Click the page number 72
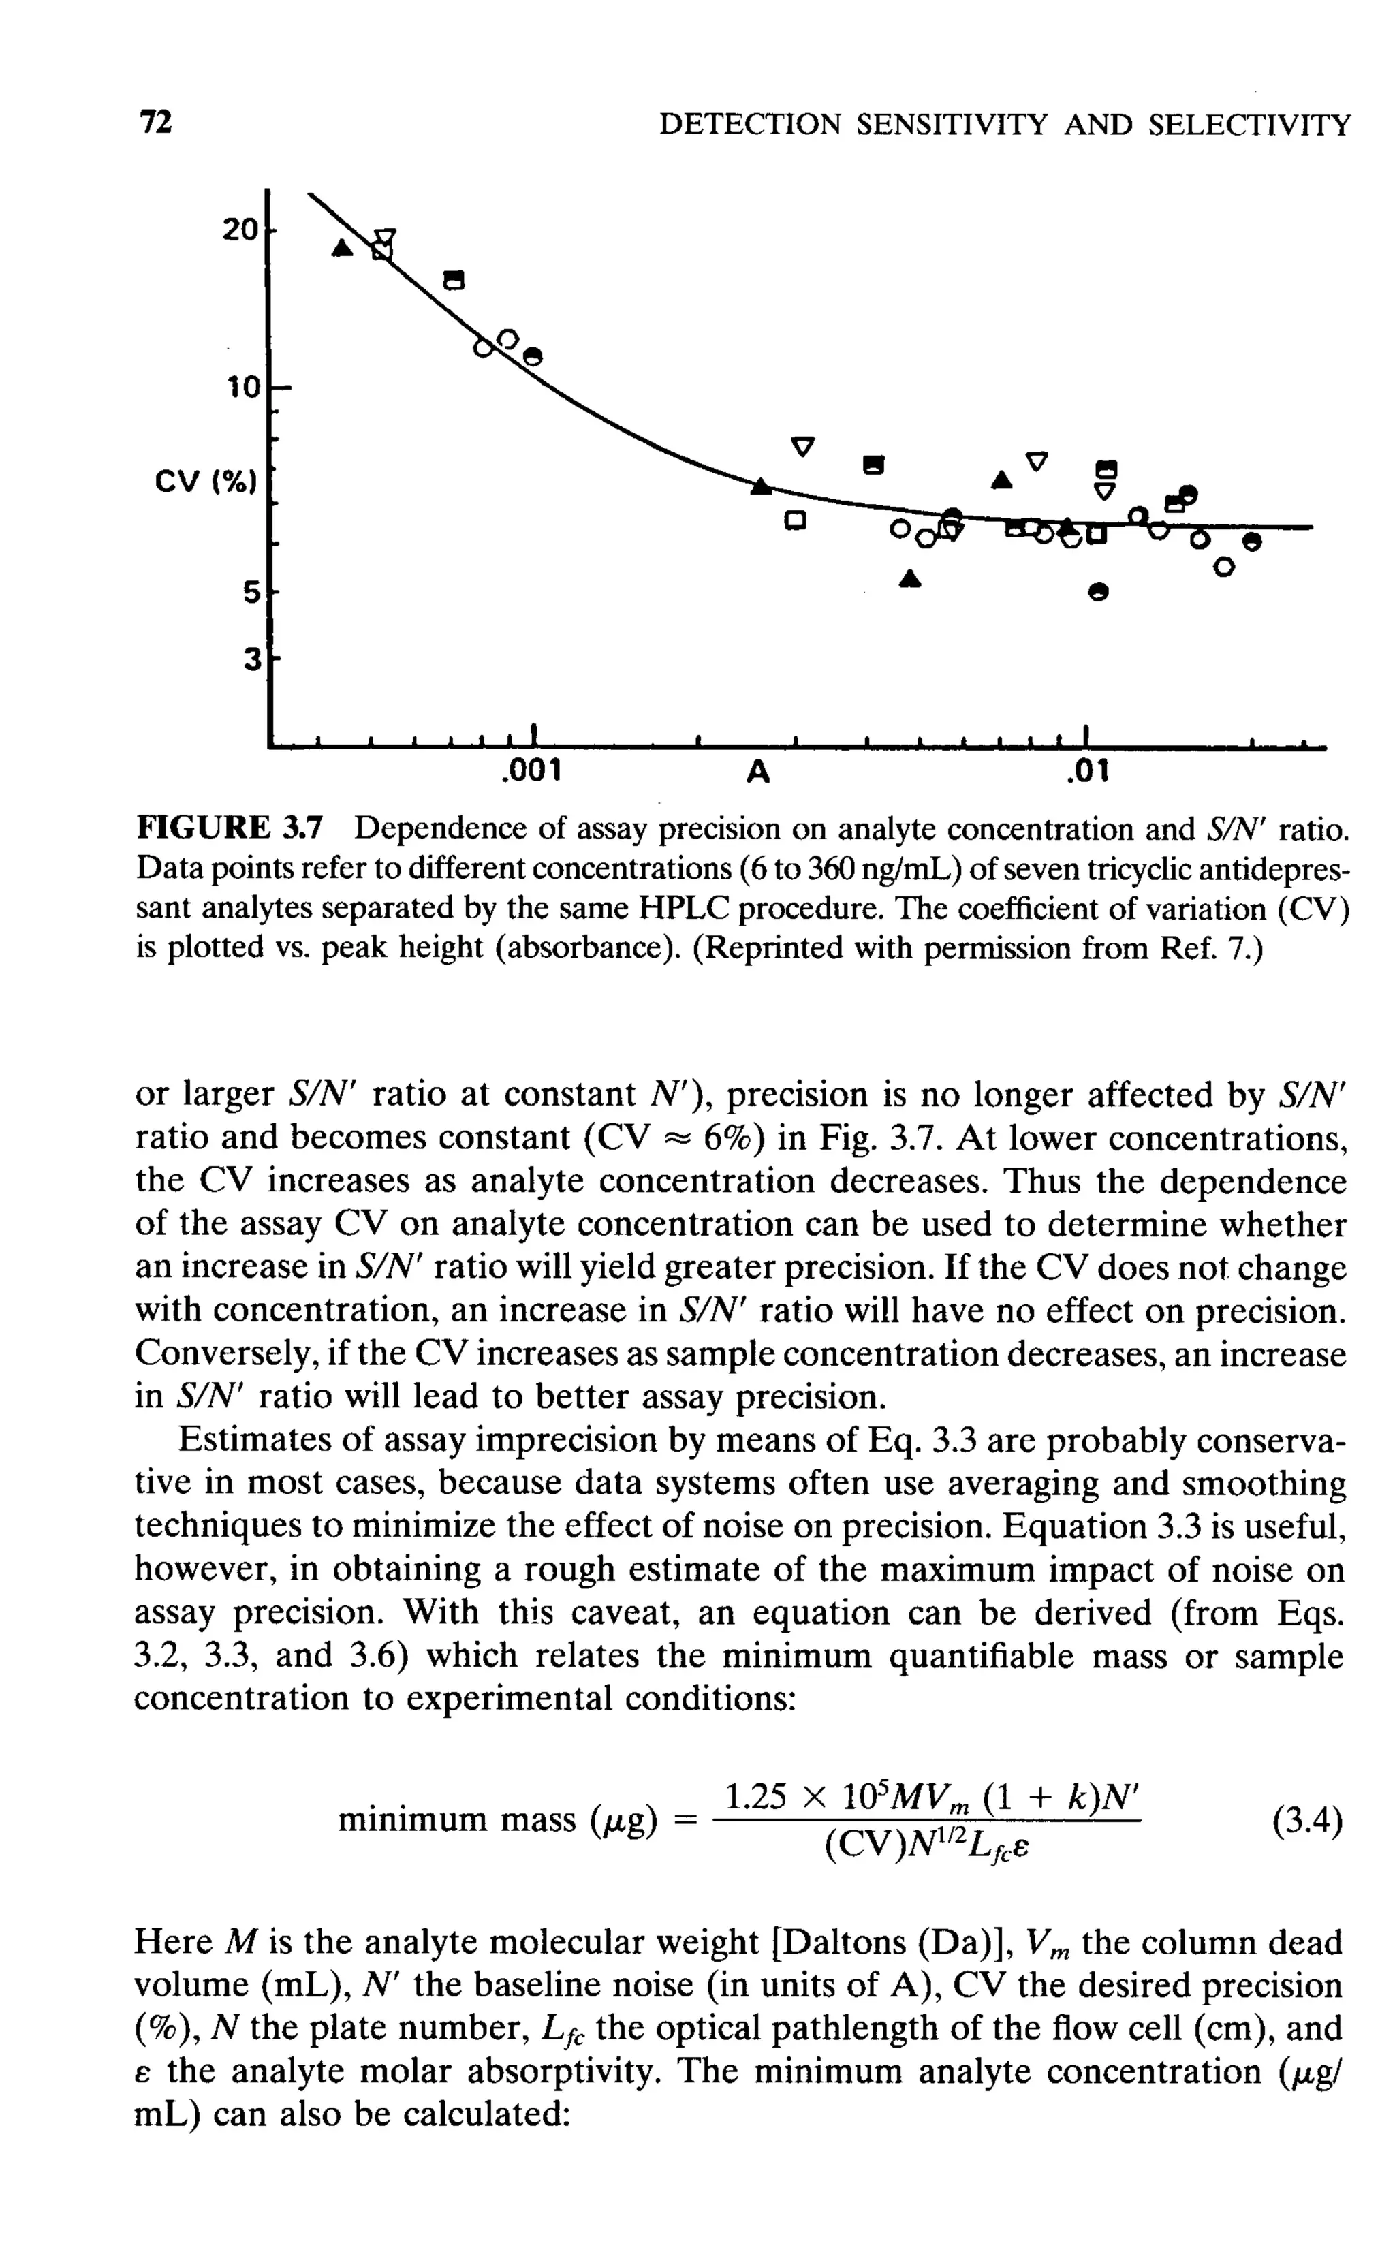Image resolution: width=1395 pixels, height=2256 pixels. click(155, 123)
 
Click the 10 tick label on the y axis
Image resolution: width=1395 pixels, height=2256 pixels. click(244, 388)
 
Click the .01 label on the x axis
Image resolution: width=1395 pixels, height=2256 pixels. click(1088, 770)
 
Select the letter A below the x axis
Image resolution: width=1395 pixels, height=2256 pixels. click(757, 770)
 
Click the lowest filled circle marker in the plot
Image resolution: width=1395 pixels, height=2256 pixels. click(1097, 593)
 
